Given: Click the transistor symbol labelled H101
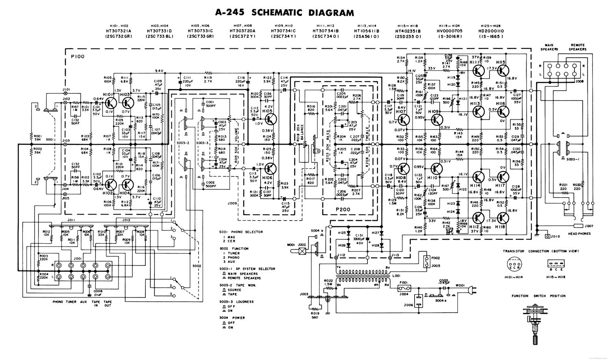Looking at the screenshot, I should click(110, 102).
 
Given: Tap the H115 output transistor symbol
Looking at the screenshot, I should click(502, 70).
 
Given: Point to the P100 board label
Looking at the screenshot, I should click(77, 56).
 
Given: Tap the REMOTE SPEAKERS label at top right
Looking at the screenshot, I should click(579, 48).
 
